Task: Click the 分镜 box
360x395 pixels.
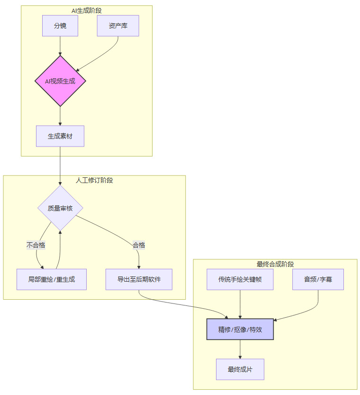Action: pyautogui.click(x=60, y=26)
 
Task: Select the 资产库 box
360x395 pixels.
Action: pyautogui.click(x=118, y=26)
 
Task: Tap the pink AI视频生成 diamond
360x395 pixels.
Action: pyautogui.click(x=60, y=81)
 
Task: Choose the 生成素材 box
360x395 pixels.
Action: pyautogui.click(x=60, y=136)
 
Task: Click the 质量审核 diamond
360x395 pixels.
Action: pyautogui.click(x=60, y=208)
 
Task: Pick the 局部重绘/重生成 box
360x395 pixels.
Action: pyautogui.click(x=52, y=279)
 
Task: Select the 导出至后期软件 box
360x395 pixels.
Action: pyautogui.click(x=139, y=279)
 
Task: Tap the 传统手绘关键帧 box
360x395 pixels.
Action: pyautogui.click(x=240, y=279)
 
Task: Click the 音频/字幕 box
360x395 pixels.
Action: pyautogui.click(x=318, y=279)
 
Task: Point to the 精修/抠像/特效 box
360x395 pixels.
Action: pyautogui.click(x=240, y=330)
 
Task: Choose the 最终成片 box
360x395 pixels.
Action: pyautogui.click(x=240, y=369)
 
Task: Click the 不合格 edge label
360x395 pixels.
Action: pyautogui.click(x=36, y=245)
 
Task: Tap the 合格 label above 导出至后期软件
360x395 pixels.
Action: pyautogui.click(x=139, y=245)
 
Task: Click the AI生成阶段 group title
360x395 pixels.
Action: pyautogui.click(x=87, y=10)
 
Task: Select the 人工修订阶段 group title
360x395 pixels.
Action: pyautogui.click(x=94, y=180)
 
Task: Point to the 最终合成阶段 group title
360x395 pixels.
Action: pyautogui.click(x=275, y=264)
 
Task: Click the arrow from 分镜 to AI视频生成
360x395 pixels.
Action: pyautogui.click(x=60, y=46)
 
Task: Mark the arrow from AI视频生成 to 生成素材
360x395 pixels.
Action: pyautogui.click(x=60, y=116)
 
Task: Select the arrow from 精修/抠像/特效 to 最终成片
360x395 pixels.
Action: pyautogui.click(x=240, y=349)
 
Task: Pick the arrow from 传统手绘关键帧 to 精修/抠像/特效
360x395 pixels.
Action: pyautogui.click(x=240, y=304)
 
